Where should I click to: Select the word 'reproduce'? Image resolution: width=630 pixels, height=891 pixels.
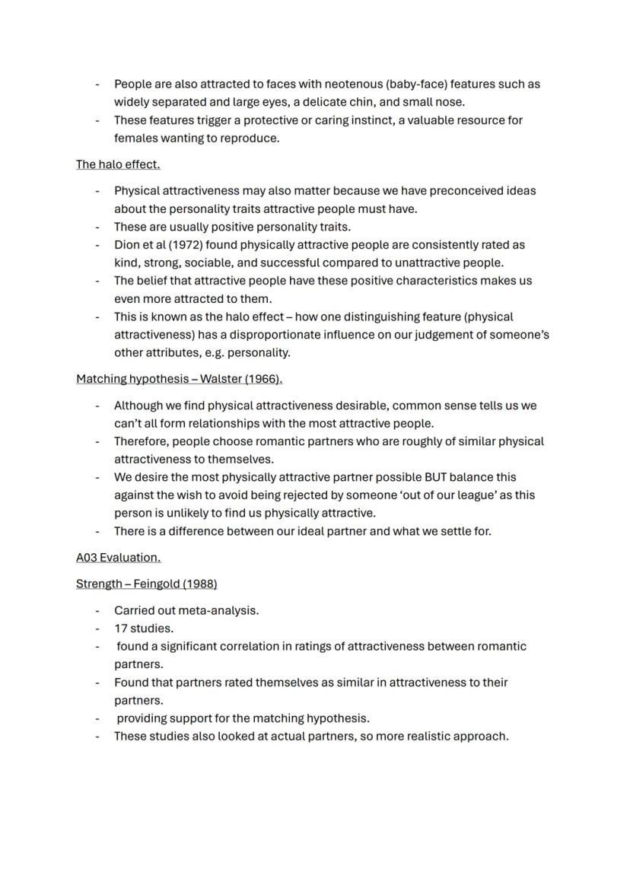coord(250,138)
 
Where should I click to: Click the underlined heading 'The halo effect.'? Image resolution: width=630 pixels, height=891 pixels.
coord(118,164)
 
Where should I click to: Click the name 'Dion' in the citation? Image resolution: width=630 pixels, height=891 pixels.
coord(127,245)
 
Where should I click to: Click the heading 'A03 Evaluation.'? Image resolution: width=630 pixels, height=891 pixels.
coord(118,558)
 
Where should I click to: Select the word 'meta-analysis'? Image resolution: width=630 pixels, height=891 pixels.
coord(222,610)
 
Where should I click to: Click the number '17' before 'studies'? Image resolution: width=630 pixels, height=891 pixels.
coord(120,628)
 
